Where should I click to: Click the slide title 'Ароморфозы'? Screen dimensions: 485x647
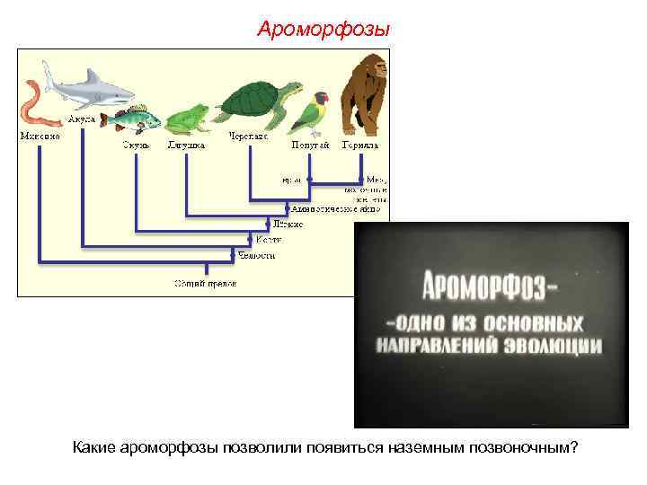tap(323, 30)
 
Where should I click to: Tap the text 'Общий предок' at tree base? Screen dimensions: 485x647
tap(205, 283)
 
